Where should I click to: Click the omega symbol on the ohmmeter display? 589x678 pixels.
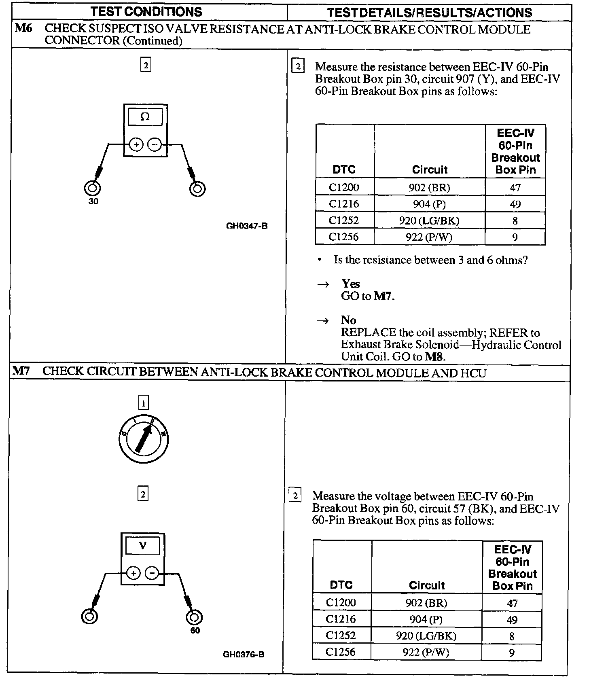pos(145,117)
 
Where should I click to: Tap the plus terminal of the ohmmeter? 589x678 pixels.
pos(136,144)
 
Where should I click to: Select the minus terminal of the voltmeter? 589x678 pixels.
pos(152,573)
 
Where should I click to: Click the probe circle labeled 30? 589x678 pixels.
pos(92,189)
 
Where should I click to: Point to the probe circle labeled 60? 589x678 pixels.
pos(194,617)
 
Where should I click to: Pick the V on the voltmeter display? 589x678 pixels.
pos(142,546)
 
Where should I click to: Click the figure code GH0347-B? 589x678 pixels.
pos(247,226)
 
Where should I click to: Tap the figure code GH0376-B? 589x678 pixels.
pos(244,654)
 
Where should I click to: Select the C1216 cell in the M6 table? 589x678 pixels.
pos(344,204)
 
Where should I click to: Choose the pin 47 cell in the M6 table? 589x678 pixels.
pos(515,188)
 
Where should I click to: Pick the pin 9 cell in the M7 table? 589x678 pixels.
pos(512,653)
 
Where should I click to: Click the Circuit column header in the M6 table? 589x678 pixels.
pos(430,169)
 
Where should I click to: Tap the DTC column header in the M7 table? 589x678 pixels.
pos(341,585)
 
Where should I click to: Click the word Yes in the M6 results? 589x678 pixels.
pos(350,284)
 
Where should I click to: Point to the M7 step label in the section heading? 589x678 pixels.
pos(21,371)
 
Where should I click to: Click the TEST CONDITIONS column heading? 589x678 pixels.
pos(146,11)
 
